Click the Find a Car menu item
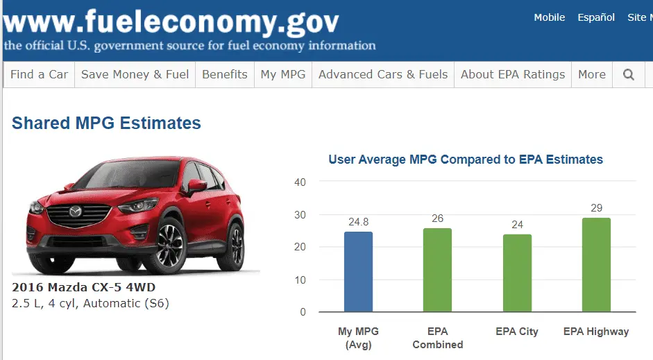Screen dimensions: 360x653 [39, 75]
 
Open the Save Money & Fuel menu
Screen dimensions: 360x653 [135, 75]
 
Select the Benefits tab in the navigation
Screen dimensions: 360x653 [224, 75]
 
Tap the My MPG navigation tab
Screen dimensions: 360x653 [282, 75]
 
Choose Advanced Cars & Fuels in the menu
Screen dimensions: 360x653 [383, 75]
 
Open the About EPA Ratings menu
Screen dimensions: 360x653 [513, 75]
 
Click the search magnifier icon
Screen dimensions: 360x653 [629, 75]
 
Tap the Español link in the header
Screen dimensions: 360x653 [596, 17]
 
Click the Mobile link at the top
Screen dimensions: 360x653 [549, 17]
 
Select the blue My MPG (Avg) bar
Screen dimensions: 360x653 [358, 272]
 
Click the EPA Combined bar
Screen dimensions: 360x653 [437, 271]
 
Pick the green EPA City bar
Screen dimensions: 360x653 [517, 273]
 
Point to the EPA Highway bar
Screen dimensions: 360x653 [596, 265]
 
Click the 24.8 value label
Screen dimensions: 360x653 [358, 222]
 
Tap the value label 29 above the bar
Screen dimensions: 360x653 [596, 208]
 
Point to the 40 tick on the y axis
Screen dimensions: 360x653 [300, 182]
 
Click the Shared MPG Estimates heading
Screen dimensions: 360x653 [106, 123]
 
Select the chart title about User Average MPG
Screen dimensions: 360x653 [466, 160]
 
